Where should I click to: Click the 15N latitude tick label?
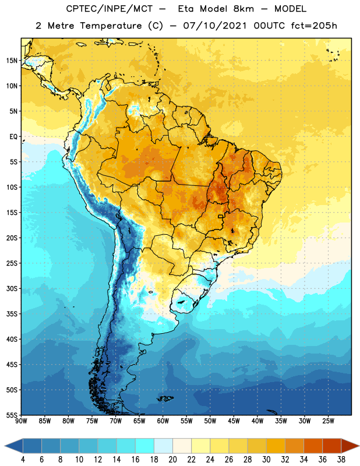[12, 61]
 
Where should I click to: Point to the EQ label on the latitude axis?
[13, 137]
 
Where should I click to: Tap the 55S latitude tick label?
[12, 415]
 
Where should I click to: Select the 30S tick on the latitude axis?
[12, 288]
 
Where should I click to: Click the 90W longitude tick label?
[21, 421]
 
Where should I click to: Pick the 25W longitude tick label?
[328, 421]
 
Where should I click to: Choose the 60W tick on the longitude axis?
[163, 421]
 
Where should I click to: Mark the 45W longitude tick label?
[234, 421]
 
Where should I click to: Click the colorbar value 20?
[172, 460]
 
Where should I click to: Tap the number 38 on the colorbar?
[341, 460]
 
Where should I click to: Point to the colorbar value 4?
[23, 460]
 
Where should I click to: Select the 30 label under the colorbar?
[266, 460]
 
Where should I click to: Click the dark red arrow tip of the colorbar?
[359, 446]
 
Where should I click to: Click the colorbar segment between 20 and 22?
[182, 446]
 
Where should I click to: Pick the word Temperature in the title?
[111, 26]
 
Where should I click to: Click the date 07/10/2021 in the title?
[215, 26]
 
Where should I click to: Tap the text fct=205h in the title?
[314, 26]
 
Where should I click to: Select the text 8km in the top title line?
[243, 9]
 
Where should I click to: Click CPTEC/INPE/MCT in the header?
[110, 9]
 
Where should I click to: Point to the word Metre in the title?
[61, 26]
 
